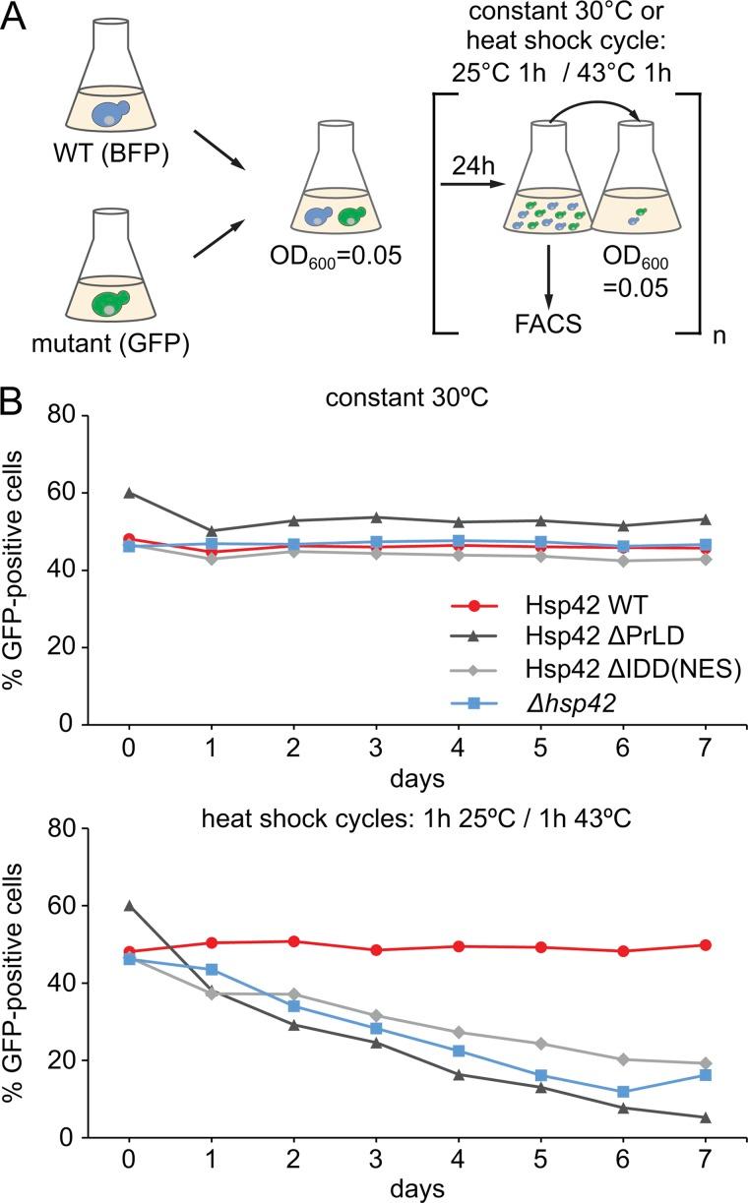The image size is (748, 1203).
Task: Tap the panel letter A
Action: [17, 19]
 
